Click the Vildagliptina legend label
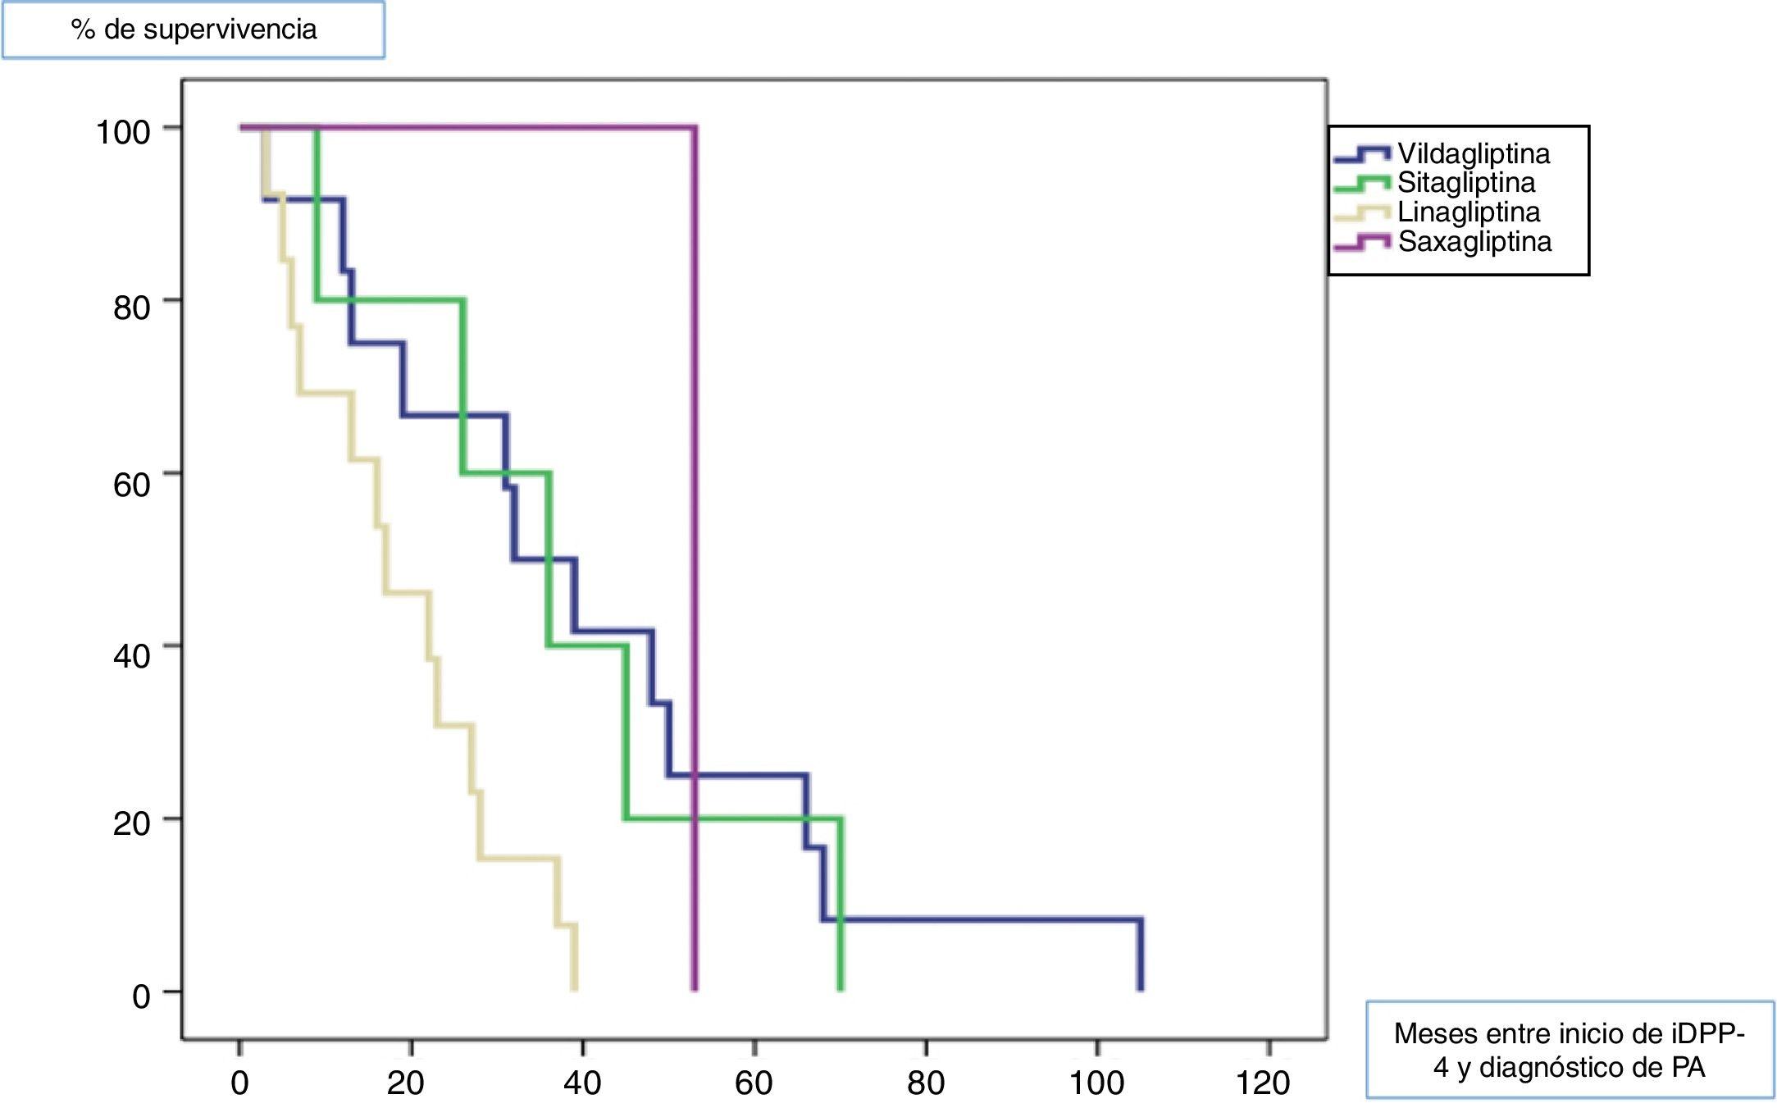click(x=1474, y=154)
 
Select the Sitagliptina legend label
click(x=1466, y=183)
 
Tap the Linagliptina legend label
click(x=1469, y=212)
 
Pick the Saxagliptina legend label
click(x=1474, y=242)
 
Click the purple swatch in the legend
click(x=1362, y=243)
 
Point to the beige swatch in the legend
click(x=1362, y=213)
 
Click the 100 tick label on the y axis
click(x=123, y=132)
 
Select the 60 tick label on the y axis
click(x=131, y=484)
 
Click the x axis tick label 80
click(x=926, y=1083)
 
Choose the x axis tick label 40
click(x=582, y=1083)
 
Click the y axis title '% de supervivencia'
click(x=194, y=30)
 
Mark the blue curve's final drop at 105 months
click(x=1139, y=955)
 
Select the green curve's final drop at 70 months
click(x=841, y=902)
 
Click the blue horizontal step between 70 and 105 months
click(x=984, y=919)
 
